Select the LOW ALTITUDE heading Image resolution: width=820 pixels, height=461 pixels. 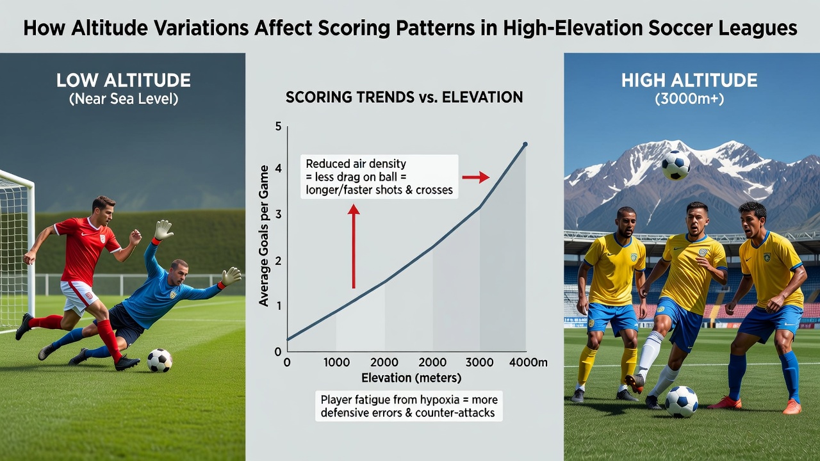[x=124, y=81]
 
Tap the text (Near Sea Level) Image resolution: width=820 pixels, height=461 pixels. [x=124, y=99]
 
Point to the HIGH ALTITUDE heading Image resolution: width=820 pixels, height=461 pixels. [x=689, y=81]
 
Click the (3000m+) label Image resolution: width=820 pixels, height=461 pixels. [x=689, y=99]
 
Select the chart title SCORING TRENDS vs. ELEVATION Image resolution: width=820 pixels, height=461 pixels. [x=404, y=97]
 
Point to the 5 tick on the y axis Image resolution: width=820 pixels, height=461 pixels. [x=278, y=127]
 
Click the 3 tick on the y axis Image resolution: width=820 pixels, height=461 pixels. [x=278, y=214]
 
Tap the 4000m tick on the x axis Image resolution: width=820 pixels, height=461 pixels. [x=529, y=362]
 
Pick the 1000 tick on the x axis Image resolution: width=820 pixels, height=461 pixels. [x=336, y=362]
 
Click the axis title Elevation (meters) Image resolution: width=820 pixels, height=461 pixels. [x=411, y=378]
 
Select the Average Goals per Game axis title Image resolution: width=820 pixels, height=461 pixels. [x=263, y=236]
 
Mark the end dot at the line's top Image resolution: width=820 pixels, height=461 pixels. [x=525, y=144]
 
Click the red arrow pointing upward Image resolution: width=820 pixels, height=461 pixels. [x=354, y=247]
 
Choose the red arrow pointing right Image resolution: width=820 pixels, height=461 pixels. [x=475, y=177]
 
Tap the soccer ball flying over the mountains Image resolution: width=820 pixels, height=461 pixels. [x=676, y=165]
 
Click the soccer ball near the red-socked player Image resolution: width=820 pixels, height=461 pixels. [x=160, y=360]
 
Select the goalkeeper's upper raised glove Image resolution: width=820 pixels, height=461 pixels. [x=163, y=230]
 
